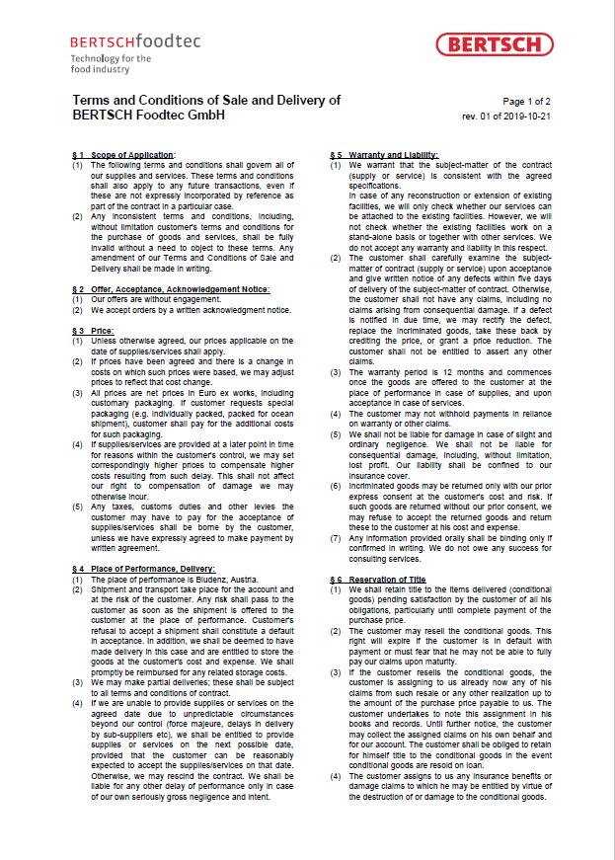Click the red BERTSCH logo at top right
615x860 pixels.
[494, 43]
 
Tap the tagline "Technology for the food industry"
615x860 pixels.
[97, 65]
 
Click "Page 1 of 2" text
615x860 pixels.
[527, 102]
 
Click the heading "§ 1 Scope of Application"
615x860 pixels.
[124, 156]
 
